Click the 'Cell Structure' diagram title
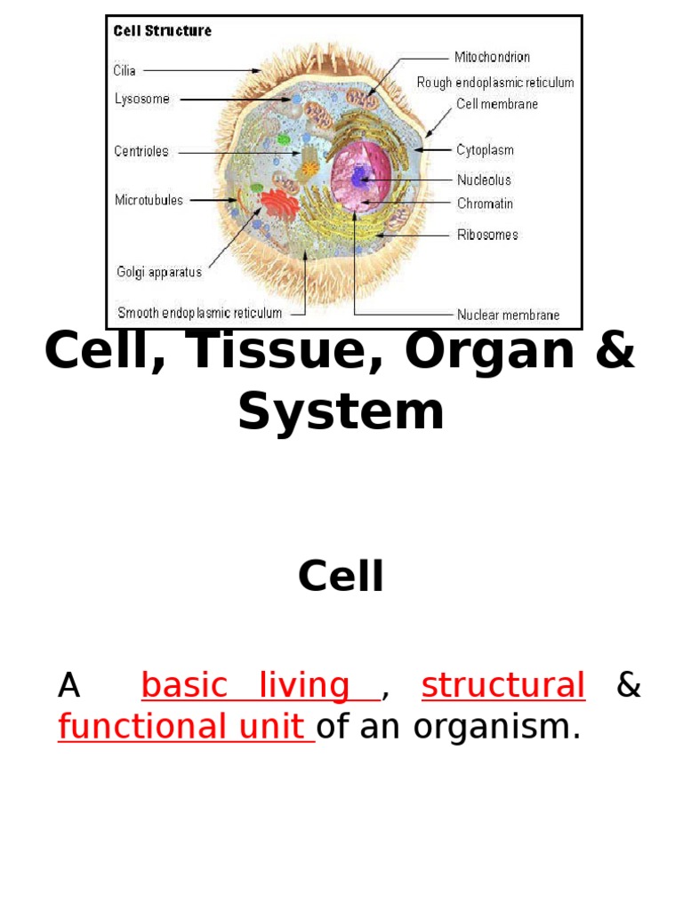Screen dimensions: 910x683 pyautogui.click(x=162, y=31)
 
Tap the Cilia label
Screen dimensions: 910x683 pyautogui.click(x=125, y=70)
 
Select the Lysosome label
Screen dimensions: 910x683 pyautogui.click(x=141, y=100)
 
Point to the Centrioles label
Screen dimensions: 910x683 pyautogui.click(x=141, y=151)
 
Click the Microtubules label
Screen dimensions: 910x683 pyautogui.click(x=149, y=200)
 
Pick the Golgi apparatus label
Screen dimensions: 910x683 pyautogui.click(x=159, y=272)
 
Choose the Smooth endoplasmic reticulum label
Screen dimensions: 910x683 pyautogui.click(x=200, y=313)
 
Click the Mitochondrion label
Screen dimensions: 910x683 pyautogui.click(x=492, y=57)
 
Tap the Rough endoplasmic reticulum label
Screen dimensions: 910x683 pyautogui.click(x=495, y=83)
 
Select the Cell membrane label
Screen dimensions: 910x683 pyautogui.click(x=497, y=104)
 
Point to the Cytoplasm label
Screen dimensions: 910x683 pyautogui.click(x=485, y=150)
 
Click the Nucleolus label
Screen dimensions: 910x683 pyautogui.click(x=484, y=180)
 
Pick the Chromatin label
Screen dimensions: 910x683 pyautogui.click(x=485, y=204)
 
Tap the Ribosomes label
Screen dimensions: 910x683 pyautogui.click(x=487, y=235)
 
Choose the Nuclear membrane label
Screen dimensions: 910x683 pyautogui.click(x=508, y=315)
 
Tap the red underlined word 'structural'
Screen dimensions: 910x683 pyautogui.click(x=502, y=685)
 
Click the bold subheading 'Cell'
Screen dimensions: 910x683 pyautogui.click(x=341, y=577)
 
